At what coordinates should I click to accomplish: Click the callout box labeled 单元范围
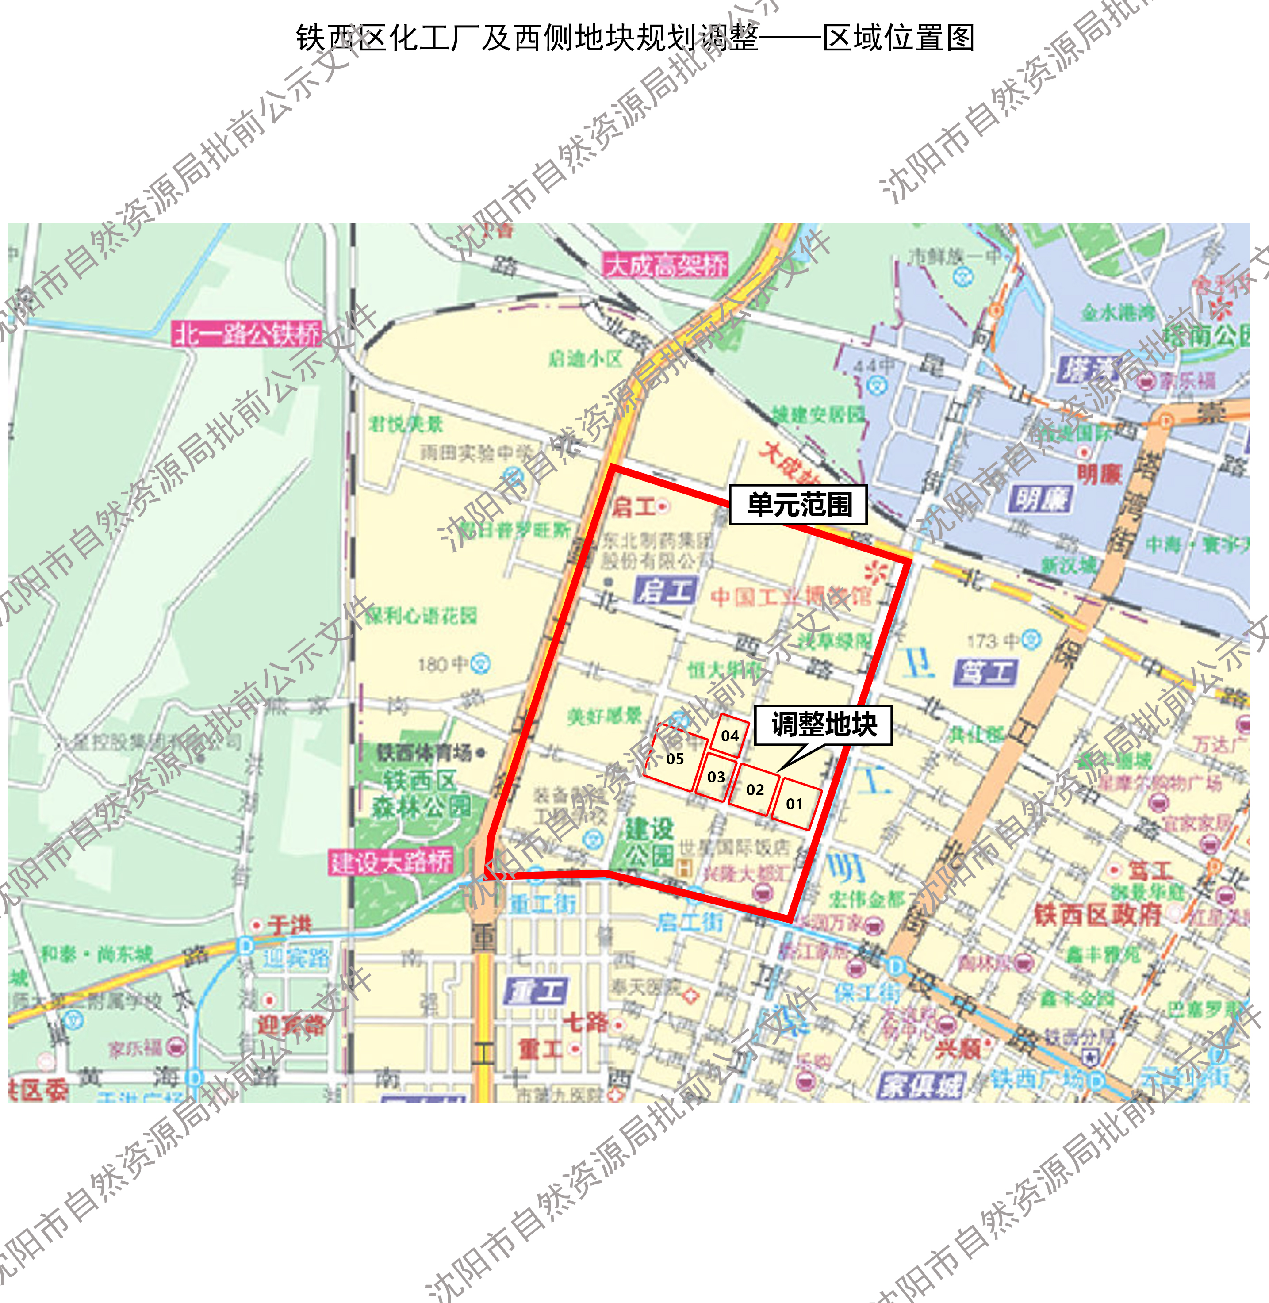pyautogui.click(x=798, y=505)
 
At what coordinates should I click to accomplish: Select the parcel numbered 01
pyautogui.click(x=796, y=804)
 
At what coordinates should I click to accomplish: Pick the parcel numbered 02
pyautogui.click(x=755, y=790)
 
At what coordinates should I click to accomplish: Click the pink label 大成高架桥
pyautogui.click(x=665, y=265)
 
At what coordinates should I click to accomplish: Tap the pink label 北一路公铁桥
pyautogui.click(x=247, y=333)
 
